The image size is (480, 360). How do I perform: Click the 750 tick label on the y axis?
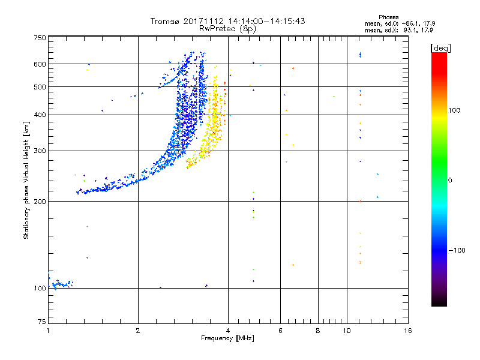(x=40, y=37)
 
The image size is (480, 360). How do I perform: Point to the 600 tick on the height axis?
(x=40, y=64)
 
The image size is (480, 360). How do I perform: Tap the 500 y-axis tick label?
(x=40, y=87)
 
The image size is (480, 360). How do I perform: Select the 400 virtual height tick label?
(x=40, y=115)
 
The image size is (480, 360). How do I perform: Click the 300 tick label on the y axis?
(x=40, y=151)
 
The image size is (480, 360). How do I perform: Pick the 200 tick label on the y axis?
(x=40, y=202)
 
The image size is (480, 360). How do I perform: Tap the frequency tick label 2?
(x=138, y=331)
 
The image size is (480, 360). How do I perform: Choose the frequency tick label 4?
(x=228, y=331)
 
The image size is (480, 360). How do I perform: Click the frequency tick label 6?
(x=280, y=331)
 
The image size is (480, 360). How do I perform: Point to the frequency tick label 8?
(x=318, y=331)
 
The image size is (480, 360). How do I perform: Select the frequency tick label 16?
(x=407, y=331)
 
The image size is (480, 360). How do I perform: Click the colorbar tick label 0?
(x=449, y=180)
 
